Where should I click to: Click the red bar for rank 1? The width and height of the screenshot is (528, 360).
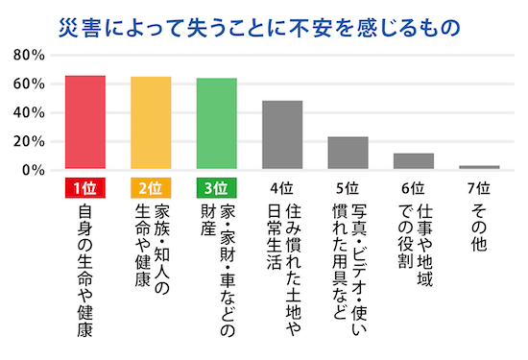click(84, 123)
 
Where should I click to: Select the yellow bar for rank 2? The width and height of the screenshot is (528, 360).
click(151, 123)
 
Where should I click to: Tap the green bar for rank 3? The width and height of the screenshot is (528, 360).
click(217, 124)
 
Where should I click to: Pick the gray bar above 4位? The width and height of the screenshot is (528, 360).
click(282, 135)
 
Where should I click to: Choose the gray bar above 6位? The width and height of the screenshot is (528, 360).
click(414, 161)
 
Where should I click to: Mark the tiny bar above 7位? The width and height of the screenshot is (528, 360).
click(479, 167)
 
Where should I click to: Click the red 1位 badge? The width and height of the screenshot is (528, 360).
click(84, 187)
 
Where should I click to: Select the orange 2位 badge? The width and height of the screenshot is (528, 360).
click(151, 187)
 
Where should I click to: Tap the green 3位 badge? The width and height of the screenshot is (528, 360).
click(217, 187)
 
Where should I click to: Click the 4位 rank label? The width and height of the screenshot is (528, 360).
click(282, 187)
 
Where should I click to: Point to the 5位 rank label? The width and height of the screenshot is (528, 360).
click(348, 187)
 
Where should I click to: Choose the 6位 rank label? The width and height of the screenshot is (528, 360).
click(414, 187)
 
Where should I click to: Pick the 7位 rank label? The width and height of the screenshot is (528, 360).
click(479, 187)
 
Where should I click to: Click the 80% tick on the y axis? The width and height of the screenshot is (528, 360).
click(26, 55)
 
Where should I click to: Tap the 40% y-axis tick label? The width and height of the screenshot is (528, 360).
click(26, 112)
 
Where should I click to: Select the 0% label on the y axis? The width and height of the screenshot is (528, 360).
click(31, 170)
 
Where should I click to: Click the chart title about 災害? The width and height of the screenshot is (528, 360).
click(263, 20)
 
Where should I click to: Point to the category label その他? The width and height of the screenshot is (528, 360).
click(479, 230)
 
